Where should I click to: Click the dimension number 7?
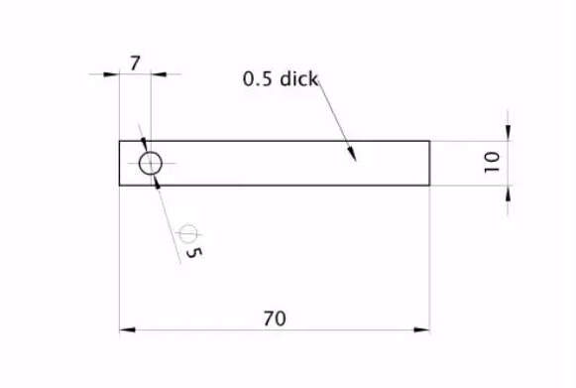(x=135, y=64)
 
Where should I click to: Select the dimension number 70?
(x=275, y=319)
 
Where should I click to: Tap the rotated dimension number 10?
(x=492, y=162)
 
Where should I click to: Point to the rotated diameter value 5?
(x=194, y=252)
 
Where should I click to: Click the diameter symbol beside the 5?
(x=188, y=233)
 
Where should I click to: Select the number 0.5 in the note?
(x=259, y=79)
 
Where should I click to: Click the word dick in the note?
(x=299, y=78)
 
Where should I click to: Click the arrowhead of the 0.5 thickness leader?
(x=352, y=153)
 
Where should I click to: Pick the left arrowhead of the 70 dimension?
(x=127, y=329)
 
